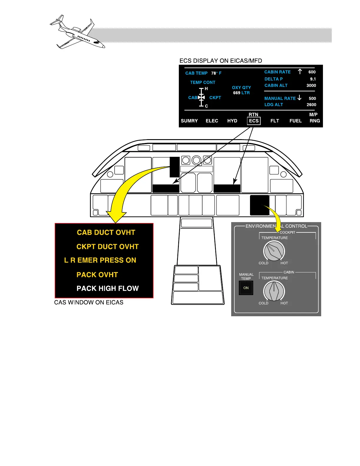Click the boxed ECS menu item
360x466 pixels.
pos(254,121)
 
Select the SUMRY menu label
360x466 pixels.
pos(189,121)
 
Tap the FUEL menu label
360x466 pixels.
pos(295,121)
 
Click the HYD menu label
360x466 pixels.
pos(232,121)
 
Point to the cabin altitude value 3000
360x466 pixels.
pos(311,86)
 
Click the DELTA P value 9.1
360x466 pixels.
pos(313,79)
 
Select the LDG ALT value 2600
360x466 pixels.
pos(311,105)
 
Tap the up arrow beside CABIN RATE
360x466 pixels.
pos(300,71)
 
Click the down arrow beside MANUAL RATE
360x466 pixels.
pos(299,98)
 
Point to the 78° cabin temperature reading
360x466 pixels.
pos(214,73)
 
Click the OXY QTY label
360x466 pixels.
pos(241,88)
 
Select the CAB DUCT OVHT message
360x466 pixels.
pos(106,233)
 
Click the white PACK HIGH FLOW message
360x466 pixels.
pos(107,289)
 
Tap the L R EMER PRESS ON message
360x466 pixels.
pos(100,260)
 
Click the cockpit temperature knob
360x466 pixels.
pos(274,251)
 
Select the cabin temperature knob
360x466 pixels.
pos(274,291)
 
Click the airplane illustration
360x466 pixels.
pos(77,32)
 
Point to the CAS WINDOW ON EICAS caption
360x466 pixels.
pos(89,302)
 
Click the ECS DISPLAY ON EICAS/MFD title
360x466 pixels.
pos(221,61)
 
